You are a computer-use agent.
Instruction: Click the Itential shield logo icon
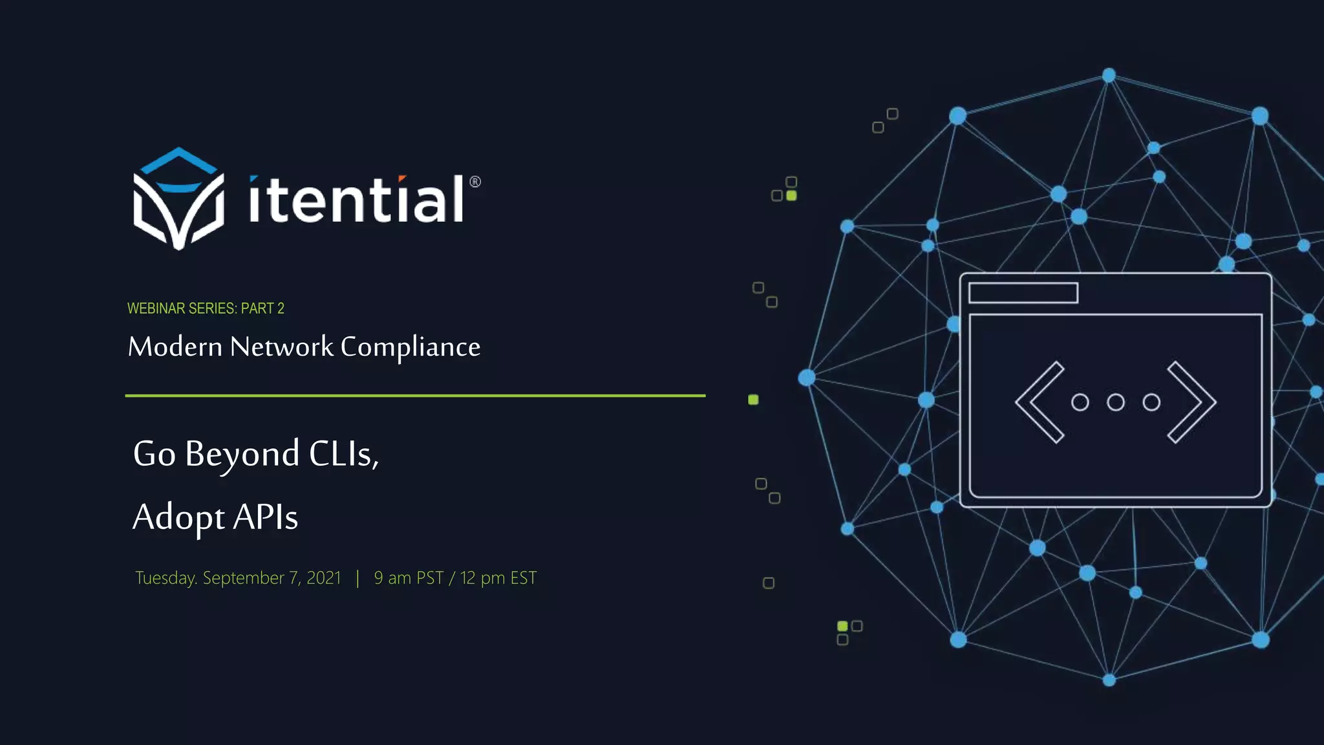click(x=178, y=199)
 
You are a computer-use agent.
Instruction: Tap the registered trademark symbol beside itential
click(x=475, y=182)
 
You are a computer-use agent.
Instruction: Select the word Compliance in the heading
click(x=411, y=347)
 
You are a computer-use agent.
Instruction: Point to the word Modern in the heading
click(x=175, y=347)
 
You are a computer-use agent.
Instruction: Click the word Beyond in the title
click(x=242, y=455)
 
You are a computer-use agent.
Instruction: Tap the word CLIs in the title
click(x=343, y=454)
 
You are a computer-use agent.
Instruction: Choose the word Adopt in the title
click(x=178, y=518)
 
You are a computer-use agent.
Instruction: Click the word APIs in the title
click(x=265, y=517)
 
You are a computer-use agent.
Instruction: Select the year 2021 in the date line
click(x=323, y=578)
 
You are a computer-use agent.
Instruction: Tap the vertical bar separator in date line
click(x=358, y=578)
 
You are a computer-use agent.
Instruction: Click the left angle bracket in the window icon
click(x=1040, y=402)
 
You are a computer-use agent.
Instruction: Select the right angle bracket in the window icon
click(x=1191, y=402)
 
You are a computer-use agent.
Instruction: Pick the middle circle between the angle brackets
click(x=1116, y=402)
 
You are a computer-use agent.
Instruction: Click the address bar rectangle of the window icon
click(x=1023, y=293)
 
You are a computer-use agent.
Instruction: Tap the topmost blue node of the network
click(x=1109, y=76)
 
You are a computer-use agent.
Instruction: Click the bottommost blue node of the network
click(x=1109, y=680)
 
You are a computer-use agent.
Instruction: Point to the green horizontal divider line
click(x=415, y=395)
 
